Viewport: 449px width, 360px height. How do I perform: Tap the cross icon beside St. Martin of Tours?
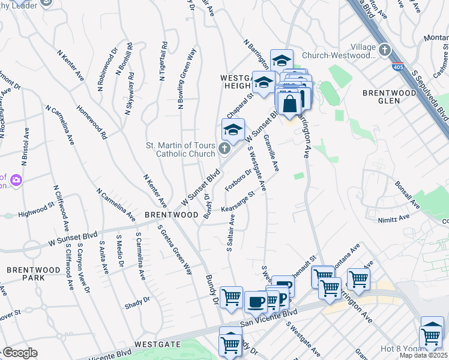point(224,148)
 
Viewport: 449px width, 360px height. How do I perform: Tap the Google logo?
point(20,353)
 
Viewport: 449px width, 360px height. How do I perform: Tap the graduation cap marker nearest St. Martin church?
point(233,129)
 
